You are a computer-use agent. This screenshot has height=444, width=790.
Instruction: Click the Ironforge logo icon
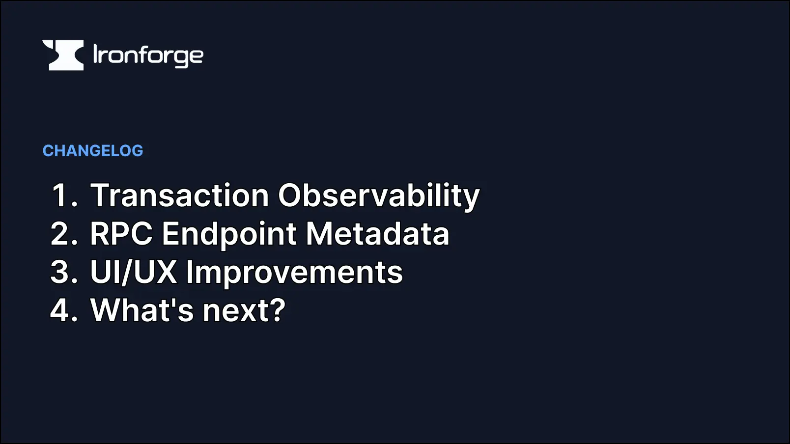pyautogui.click(x=63, y=55)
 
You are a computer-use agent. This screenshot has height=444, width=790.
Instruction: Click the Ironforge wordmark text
pyautogui.click(x=148, y=55)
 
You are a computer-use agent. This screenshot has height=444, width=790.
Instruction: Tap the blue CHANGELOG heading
pyautogui.click(x=93, y=151)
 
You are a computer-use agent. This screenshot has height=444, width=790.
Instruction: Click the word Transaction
pyautogui.click(x=180, y=195)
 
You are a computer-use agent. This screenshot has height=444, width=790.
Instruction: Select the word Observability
pyautogui.click(x=378, y=195)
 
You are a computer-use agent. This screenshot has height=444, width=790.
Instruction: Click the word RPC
pyautogui.click(x=121, y=234)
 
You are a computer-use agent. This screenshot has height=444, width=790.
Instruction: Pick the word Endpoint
pyautogui.click(x=229, y=234)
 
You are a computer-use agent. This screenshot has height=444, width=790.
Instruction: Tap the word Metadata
pyautogui.click(x=377, y=234)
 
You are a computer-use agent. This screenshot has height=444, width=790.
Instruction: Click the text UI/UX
pyautogui.click(x=133, y=272)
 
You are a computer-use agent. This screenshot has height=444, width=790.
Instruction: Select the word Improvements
pyautogui.click(x=294, y=272)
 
